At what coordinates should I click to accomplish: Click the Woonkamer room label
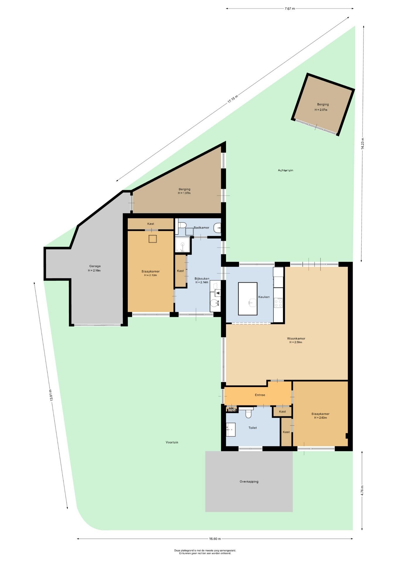pyautogui.click(x=296, y=338)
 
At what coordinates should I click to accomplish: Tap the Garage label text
pyautogui.click(x=95, y=266)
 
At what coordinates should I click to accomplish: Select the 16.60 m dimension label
pyautogui.click(x=215, y=539)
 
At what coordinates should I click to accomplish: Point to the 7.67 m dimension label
pyautogui.click(x=290, y=8)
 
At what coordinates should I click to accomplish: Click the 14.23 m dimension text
pyautogui.click(x=363, y=144)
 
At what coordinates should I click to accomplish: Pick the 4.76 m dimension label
pyautogui.click(x=362, y=490)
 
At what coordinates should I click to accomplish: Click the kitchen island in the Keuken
pyautogui.click(x=248, y=299)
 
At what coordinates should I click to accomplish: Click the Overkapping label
pyautogui.click(x=249, y=482)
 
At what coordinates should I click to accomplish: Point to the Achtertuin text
pyautogui.click(x=285, y=170)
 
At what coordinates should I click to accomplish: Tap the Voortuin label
pyautogui.click(x=172, y=442)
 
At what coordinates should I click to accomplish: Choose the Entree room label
pyautogui.click(x=260, y=395)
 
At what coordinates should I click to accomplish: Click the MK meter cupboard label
pyautogui.click(x=231, y=408)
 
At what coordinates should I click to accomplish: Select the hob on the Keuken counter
pyautogui.click(x=278, y=302)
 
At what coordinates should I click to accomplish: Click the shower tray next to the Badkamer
pyautogui.click(x=183, y=245)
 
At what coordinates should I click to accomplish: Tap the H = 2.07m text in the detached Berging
pyautogui.click(x=321, y=110)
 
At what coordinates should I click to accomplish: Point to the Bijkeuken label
pyautogui.click(x=202, y=278)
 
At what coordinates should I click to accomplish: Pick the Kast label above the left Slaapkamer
pyautogui.click(x=151, y=224)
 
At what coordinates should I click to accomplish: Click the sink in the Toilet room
pyautogui.click(x=231, y=430)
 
